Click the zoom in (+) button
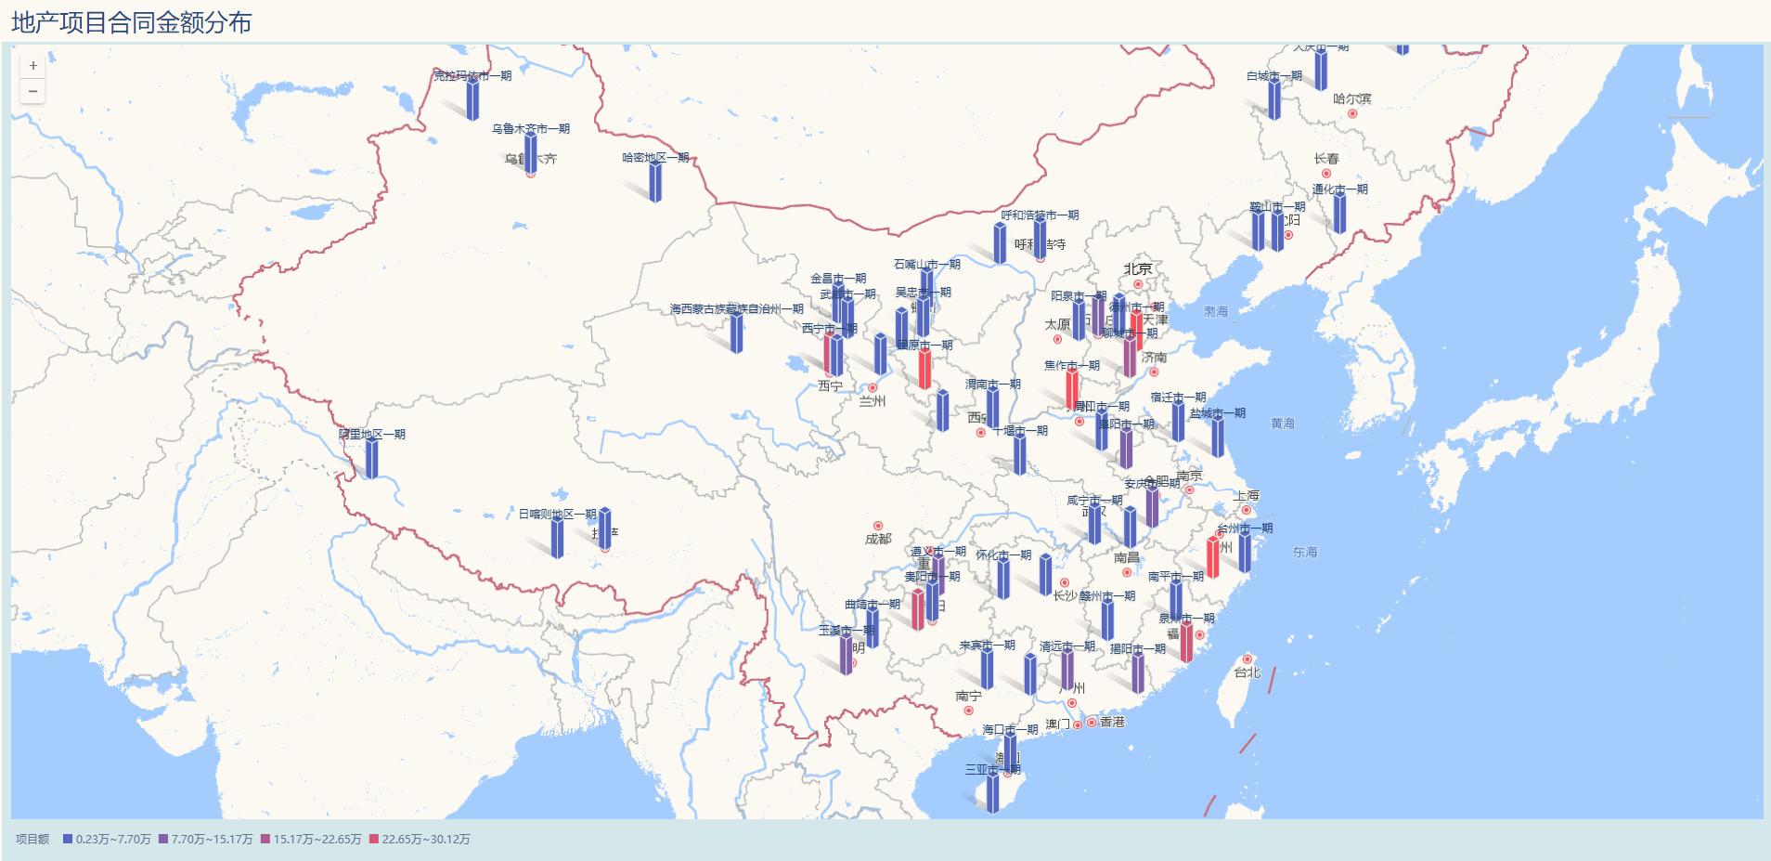pos(33,66)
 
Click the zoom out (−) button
pos(33,91)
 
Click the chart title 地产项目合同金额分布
pos(131,22)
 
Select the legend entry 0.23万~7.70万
pos(107,839)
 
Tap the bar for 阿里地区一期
pos(372,459)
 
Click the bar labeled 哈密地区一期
pos(655,182)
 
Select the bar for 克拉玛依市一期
pos(472,99)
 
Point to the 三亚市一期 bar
pos(993,792)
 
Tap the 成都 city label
pos(878,539)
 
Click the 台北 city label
pos(1247,672)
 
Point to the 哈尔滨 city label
pos(1351,98)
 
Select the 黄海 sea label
pos(1282,424)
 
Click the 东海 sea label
pos(1304,552)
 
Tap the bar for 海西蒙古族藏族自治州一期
pos(736,333)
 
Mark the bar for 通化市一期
pos(1339,213)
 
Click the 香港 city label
pos(1112,722)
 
